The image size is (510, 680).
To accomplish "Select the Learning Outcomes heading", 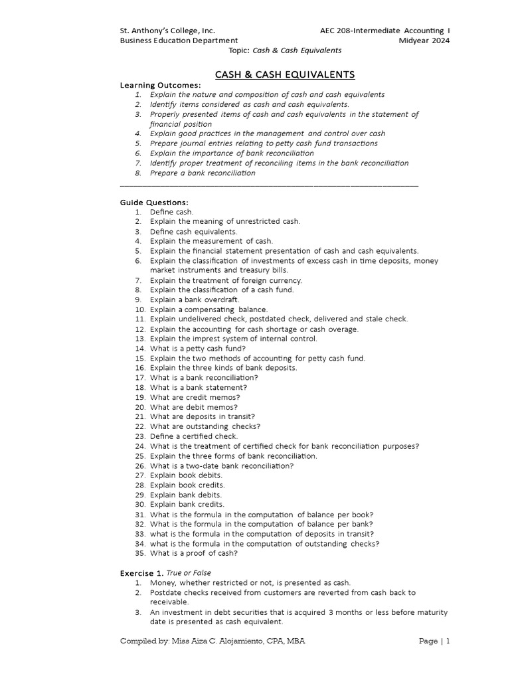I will click(159, 86).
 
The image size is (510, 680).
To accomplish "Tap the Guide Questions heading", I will click(154, 202).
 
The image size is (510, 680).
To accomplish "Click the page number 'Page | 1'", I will click(435, 641).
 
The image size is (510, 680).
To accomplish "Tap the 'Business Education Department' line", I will click(178, 41).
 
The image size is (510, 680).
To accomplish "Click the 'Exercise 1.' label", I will click(141, 572).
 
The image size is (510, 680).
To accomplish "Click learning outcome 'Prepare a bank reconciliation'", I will click(202, 173).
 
